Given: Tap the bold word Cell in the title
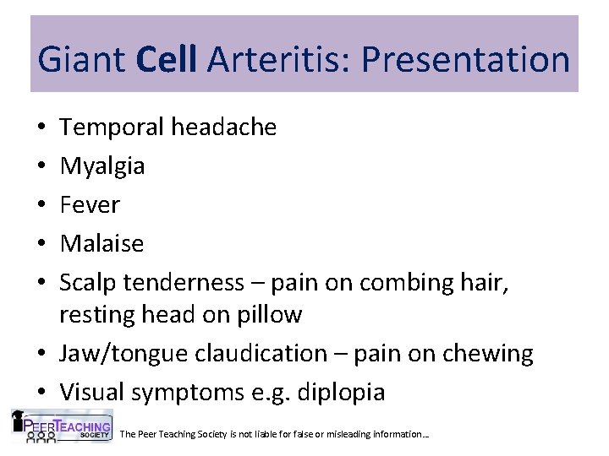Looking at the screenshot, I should tap(177, 61).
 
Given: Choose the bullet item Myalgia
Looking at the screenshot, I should tap(101, 166).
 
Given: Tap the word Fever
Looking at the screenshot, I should tap(90, 205).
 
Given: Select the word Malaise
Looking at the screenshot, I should tap(101, 244).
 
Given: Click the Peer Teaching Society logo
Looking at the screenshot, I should tap(61, 426).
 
